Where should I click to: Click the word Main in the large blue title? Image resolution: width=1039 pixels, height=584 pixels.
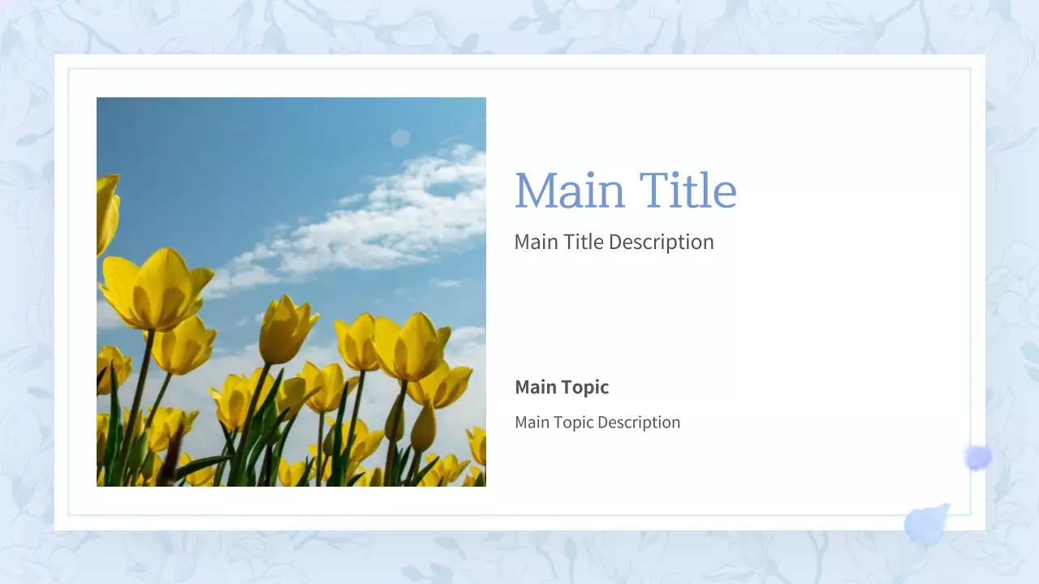click(569, 191)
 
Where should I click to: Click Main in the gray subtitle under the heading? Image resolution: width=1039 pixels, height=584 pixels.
click(536, 242)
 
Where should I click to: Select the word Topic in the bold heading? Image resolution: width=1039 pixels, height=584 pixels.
click(584, 387)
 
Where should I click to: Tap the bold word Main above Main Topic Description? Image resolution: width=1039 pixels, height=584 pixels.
click(536, 387)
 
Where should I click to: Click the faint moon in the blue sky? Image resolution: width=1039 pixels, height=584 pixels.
click(400, 138)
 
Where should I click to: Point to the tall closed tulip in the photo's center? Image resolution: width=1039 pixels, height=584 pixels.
click(287, 329)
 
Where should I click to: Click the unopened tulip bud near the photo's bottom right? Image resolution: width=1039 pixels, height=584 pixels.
click(422, 428)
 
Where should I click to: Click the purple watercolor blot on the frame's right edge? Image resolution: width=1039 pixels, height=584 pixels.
click(978, 458)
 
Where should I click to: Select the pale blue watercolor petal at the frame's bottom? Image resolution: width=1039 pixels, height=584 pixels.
click(926, 525)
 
